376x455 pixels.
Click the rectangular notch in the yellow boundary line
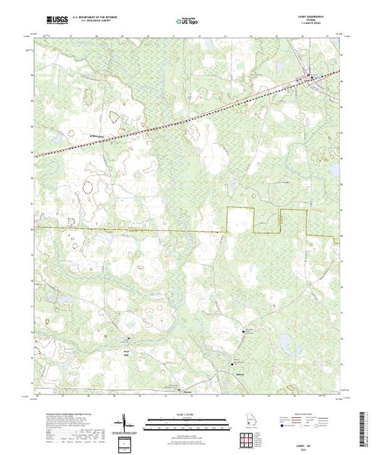coord(241,220)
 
